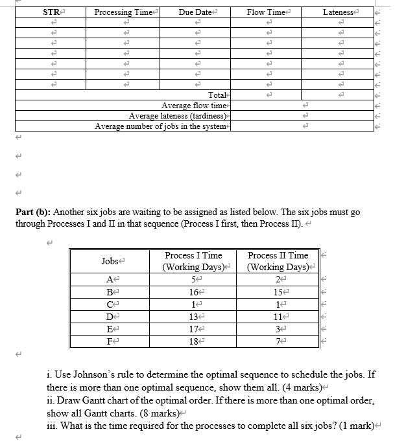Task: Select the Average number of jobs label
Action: coord(162,126)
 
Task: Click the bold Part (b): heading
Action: coord(34,212)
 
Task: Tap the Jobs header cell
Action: coord(110,261)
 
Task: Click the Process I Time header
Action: coord(193,256)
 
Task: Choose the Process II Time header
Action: coord(278,256)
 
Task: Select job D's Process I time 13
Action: coord(193,317)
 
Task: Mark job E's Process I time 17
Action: coord(193,329)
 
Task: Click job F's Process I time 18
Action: coord(193,341)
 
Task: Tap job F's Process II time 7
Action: coord(277,341)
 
